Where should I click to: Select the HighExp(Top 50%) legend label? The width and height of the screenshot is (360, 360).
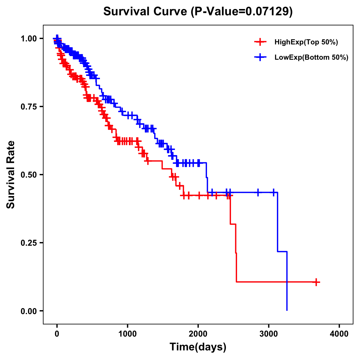click(x=306, y=42)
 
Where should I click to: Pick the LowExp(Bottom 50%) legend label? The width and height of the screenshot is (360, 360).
click(x=311, y=57)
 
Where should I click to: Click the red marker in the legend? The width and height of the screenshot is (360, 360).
click(x=260, y=42)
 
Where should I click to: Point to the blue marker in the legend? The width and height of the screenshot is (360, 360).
click(x=260, y=57)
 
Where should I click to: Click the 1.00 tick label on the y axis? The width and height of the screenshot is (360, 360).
click(x=28, y=38)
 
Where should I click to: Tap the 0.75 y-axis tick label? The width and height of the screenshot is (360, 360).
click(x=28, y=106)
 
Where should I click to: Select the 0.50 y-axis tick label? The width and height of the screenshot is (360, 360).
click(x=28, y=175)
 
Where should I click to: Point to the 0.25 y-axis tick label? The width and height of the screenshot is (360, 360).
click(x=28, y=243)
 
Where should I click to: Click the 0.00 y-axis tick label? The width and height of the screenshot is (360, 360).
click(x=28, y=311)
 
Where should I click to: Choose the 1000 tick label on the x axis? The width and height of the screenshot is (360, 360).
click(x=127, y=334)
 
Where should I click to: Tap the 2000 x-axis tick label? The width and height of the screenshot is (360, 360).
click(x=198, y=334)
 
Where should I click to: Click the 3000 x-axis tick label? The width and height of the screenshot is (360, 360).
click(x=269, y=334)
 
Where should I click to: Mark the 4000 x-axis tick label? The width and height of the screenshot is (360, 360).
click(x=339, y=334)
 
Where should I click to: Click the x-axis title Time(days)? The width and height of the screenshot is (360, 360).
click(x=198, y=347)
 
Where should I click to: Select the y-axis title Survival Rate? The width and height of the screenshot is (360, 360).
click(x=11, y=175)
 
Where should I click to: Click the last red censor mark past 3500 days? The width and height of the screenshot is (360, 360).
click(x=316, y=282)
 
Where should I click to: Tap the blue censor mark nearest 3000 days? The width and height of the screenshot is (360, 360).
click(x=274, y=192)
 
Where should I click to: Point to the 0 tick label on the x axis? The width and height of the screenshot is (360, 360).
click(x=57, y=334)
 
